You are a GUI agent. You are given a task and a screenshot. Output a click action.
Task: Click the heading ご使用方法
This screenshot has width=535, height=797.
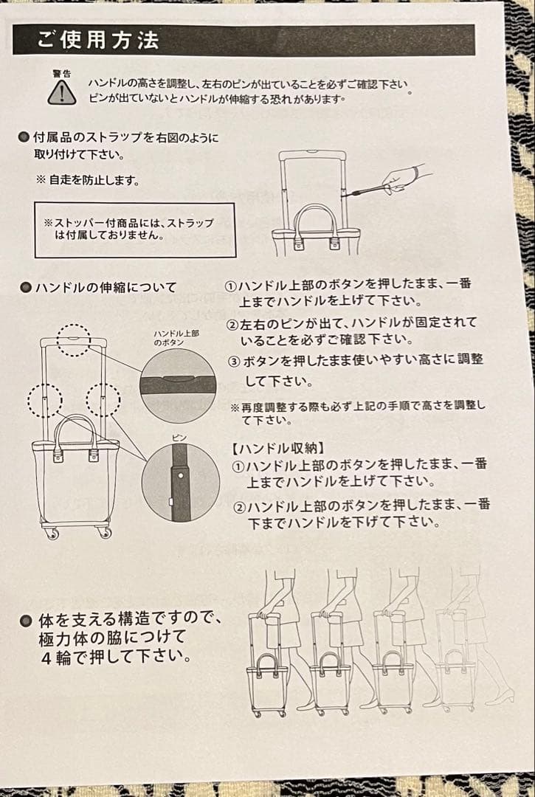97,40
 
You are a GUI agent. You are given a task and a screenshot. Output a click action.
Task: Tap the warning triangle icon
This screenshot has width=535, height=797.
62,92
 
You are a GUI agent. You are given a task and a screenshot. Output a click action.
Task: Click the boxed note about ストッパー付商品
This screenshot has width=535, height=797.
134,229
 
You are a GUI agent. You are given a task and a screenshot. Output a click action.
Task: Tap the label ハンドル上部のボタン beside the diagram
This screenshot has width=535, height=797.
176,338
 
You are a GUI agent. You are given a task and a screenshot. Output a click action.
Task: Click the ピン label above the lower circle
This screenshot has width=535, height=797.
179,438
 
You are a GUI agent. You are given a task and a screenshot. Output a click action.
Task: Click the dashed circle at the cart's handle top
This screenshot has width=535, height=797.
74,340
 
